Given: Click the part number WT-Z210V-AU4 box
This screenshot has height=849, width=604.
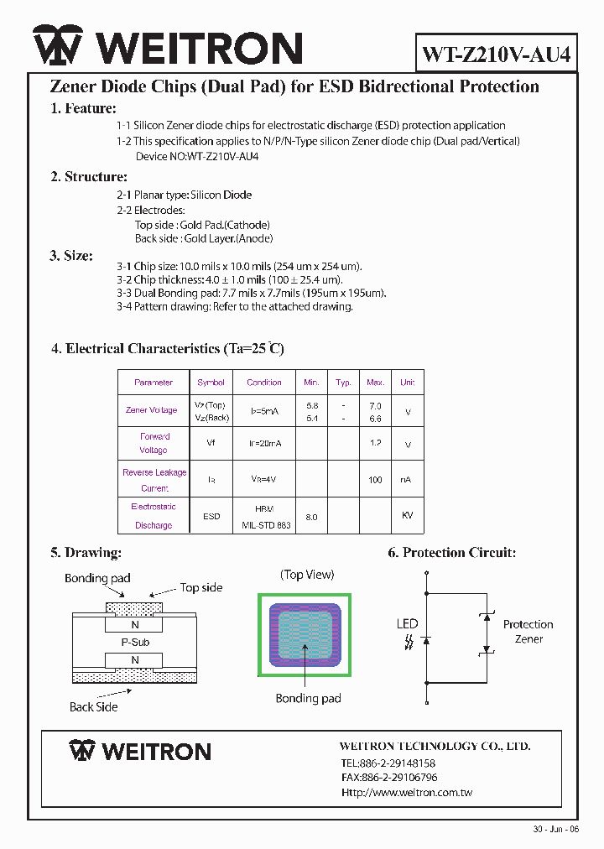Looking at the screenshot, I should (x=497, y=55).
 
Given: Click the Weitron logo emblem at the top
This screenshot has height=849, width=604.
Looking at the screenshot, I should (x=58, y=46).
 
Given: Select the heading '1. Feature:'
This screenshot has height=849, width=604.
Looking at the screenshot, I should (x=83, y=108).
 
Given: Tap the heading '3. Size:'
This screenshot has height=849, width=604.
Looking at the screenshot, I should (x=70, y=256).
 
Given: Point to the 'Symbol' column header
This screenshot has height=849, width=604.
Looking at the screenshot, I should (x=211, y=383).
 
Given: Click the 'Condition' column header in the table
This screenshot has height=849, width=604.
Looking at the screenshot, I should (x=264, y=383).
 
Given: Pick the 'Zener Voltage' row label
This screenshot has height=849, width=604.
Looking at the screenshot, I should (x=152, y=410).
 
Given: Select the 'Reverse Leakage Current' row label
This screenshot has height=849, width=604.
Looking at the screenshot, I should (x=154, y=480).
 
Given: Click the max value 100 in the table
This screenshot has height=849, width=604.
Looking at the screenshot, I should (x=375, y=480).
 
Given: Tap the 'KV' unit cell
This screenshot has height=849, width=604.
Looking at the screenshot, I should (x=407, y=515).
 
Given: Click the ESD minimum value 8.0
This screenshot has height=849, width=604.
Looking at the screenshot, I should (x=311, y=518).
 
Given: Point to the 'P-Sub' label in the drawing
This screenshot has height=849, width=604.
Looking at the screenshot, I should (x=135, y=643).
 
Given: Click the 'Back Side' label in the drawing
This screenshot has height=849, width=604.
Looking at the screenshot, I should (x=93, y=707).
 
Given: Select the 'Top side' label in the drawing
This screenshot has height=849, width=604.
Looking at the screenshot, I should (x=201, y=588).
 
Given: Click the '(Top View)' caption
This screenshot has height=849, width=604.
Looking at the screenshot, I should (x=307, y=575).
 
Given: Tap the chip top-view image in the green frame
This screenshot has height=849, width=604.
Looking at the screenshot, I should (x=304, y=635).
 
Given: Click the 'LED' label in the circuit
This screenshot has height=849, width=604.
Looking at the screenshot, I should (x=407, y=623).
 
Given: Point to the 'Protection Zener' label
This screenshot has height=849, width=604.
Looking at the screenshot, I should (x=528, y=632).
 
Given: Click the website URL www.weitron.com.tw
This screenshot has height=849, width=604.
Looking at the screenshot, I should (x=406, y=793).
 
